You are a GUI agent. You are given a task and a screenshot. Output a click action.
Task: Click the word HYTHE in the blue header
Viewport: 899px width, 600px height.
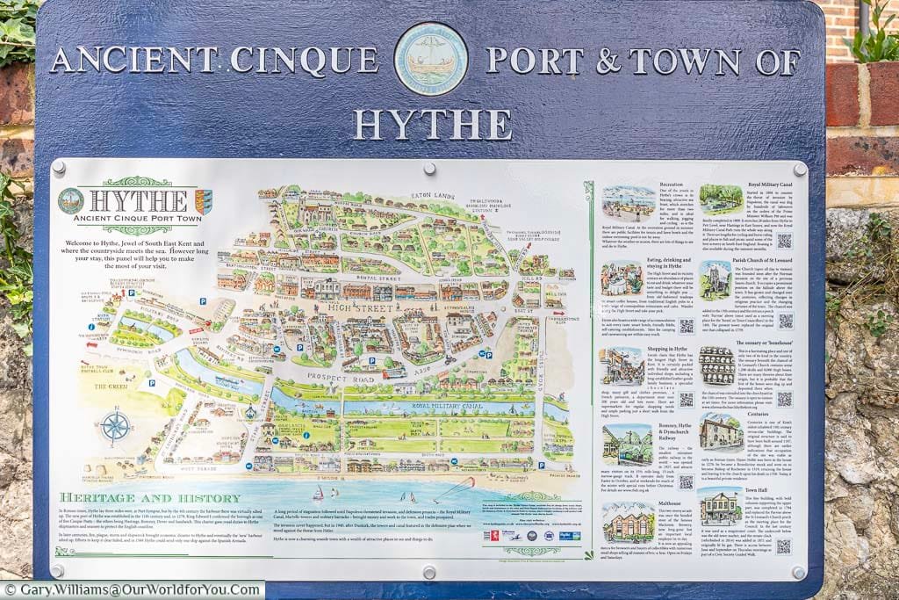point(434,124)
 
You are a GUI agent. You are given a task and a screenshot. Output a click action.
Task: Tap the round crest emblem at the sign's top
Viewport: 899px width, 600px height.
point(430,59)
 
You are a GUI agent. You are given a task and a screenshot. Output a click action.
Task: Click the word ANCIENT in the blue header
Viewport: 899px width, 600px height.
point(131,60)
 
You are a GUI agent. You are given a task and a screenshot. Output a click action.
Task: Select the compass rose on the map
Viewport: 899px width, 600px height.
point(115,427)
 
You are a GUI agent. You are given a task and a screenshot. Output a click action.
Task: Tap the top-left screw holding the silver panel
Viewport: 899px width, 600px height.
point(59,166)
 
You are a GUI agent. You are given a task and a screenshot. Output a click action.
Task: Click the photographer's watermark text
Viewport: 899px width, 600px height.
point(132,590)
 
